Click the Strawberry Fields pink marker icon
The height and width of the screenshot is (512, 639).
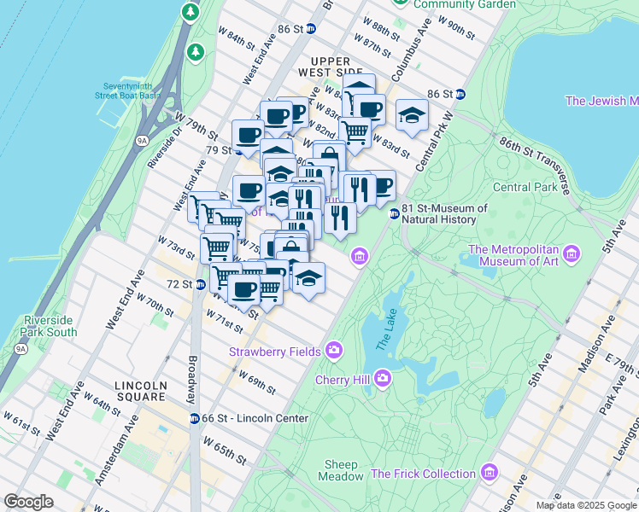pyautogui.click(x=334, y=351)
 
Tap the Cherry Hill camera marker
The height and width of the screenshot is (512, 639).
pyautogui.click(x=383, y=377)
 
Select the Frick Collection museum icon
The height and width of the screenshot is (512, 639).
pyautogui.click(x=489, y=472)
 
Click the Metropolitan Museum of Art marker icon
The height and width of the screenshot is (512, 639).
pyautogui.click(x=571, y=254)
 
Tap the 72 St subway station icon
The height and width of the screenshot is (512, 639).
pyautogui.click(x=200, y=284)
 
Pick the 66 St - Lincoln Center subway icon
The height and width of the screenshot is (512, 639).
pyautogui.click(x=194, y=418)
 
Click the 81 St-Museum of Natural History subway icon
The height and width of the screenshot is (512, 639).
pyautogui.click(x=394, y=214)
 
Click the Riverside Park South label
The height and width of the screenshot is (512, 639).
pyautogui.click(x=50, y=326)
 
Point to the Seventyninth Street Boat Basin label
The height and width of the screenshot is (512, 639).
pyautogui.click(x=132, y=91)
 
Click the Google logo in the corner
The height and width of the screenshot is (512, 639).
pyautogui.click(x=28, y=502)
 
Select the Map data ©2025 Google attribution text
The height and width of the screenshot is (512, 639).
pyautogui.click(x=585, y=505)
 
